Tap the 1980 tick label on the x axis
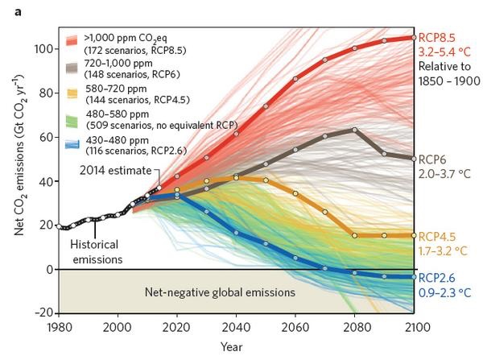(58, 328)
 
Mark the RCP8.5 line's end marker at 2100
(414, 38)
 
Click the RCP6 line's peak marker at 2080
(354, 130)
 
